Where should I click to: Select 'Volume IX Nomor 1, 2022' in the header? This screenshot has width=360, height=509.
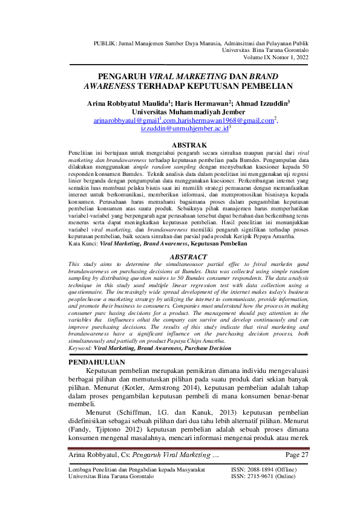click(x=276, y=57)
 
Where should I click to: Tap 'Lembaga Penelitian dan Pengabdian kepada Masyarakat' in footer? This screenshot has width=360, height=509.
click(x=136, y=469)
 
